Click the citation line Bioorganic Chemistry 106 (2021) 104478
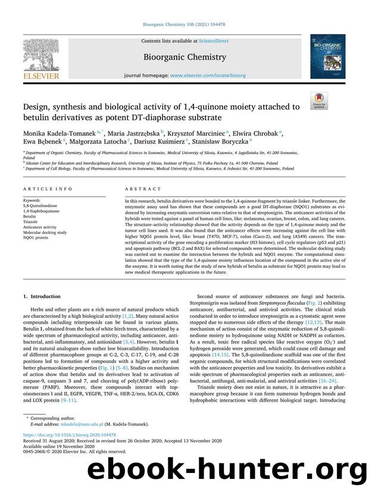pos(184,24)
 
